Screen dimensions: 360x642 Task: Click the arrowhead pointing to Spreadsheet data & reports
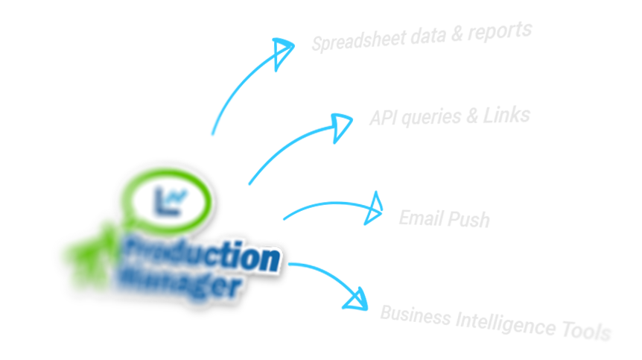click(282, 52)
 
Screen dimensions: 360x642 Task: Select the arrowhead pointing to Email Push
click(373, 209)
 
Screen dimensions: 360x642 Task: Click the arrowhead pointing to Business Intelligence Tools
click(355, 299)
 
